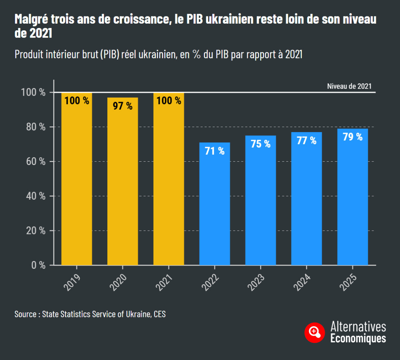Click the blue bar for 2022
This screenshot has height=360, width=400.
tap(215, 207)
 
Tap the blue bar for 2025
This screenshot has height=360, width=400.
tap(353, 200)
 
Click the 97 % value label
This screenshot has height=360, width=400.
tap(123, 106)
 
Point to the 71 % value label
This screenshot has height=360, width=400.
tap(215, 151)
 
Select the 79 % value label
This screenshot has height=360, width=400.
tap(353, 137)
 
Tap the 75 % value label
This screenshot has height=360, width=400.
tap(261, 144)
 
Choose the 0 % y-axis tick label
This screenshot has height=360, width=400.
tap(38, 265)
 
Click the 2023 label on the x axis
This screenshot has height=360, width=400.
tap(256, 282)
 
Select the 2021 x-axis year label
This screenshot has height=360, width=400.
tap(164, 282)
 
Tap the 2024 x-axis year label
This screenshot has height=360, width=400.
tap(302, 282)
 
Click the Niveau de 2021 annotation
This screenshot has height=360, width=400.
tap(349, 86)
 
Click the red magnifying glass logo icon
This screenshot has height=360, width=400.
tap(314, 332)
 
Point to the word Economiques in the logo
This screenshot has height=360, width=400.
tap(358, 338)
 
